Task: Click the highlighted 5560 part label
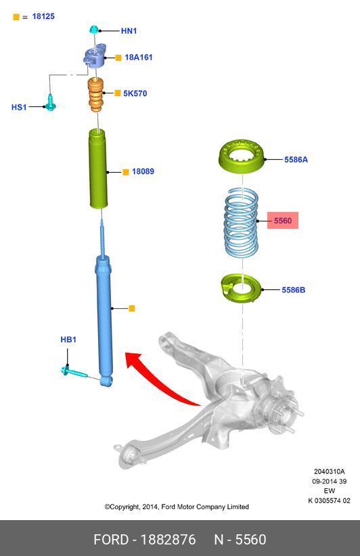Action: click(x=282, y=221)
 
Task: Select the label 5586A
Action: click(x=296, y=160)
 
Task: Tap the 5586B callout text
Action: click(x=294, y=290)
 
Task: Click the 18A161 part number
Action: click(x=139, y=57)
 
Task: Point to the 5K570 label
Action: click(x=135, y=93)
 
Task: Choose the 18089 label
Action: click(x=143, y=171)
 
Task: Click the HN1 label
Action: click(x=129, y=31)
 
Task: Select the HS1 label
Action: click(x=19, y=107)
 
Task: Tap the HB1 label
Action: click(x=68, y=339)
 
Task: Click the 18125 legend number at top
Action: click(x=43, y=16)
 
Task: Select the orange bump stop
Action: click(x=95, y=95)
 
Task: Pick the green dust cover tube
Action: click(x=97, y=169)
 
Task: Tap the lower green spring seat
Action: click(x=241, y=288)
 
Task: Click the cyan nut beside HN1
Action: click(x=94, y=30)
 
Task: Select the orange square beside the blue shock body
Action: click(x=132, y=309)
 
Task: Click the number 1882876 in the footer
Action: click(x=168, y=540)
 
